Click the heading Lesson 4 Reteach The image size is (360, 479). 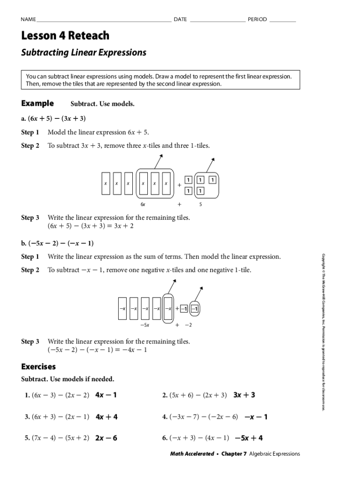click(x=65, y=36)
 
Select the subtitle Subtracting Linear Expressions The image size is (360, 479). click(x=84, y=52)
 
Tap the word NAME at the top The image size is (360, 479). click(x=28, y=20)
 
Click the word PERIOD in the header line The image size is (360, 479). click(x=257, y=20)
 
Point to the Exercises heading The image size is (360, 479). click(x=38, y=367)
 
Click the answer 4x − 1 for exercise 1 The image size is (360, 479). click(x=106, y=395)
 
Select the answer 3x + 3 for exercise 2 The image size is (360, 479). click(x=244, y=395)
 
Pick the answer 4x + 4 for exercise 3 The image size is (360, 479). click(x=107, y=417)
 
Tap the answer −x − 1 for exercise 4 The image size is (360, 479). click(x=256, y=417)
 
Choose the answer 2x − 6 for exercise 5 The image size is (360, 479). click(x=106, y=438)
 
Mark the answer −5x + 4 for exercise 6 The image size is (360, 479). click(x=249, y=438)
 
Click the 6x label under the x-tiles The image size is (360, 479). click(x=143, y=204)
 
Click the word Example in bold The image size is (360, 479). click(x=37, y=103)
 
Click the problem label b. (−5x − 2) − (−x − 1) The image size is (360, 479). click(x=58, y=243)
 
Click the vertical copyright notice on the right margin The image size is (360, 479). click(x=323, y=332)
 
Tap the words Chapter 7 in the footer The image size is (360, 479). click(x=234, y=454)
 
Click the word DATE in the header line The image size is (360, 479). click(x=180, y=20)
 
